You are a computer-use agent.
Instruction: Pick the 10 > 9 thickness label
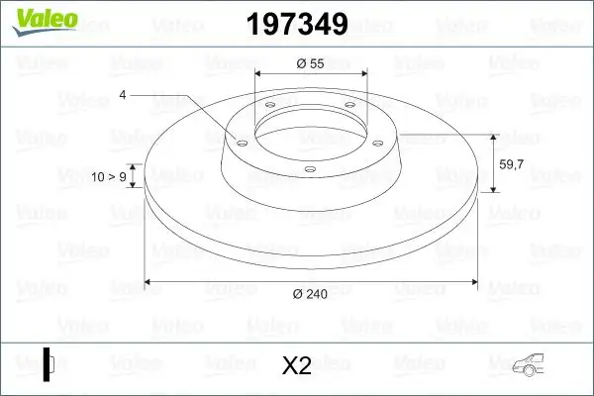click(110, 178)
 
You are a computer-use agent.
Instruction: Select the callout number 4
click(123, 95)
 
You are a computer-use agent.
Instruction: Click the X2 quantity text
click(297, 366)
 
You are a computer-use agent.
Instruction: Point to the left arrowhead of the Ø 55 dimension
click(260, 74)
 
